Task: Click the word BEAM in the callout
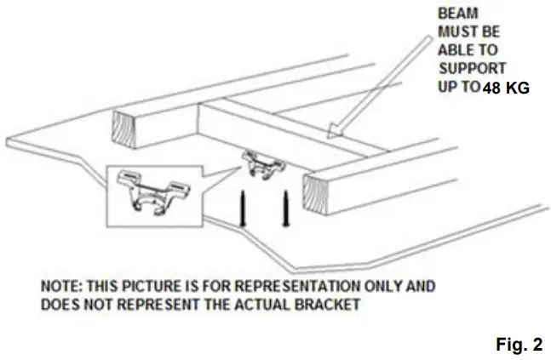pyautogui.click(x=456, y=14)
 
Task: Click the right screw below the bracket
pyautogui.click(x=285, y=209)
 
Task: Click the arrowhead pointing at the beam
pyautogui.click(x=335, y=129)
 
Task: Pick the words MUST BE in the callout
pyautogui.click(x=466, y=31)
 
